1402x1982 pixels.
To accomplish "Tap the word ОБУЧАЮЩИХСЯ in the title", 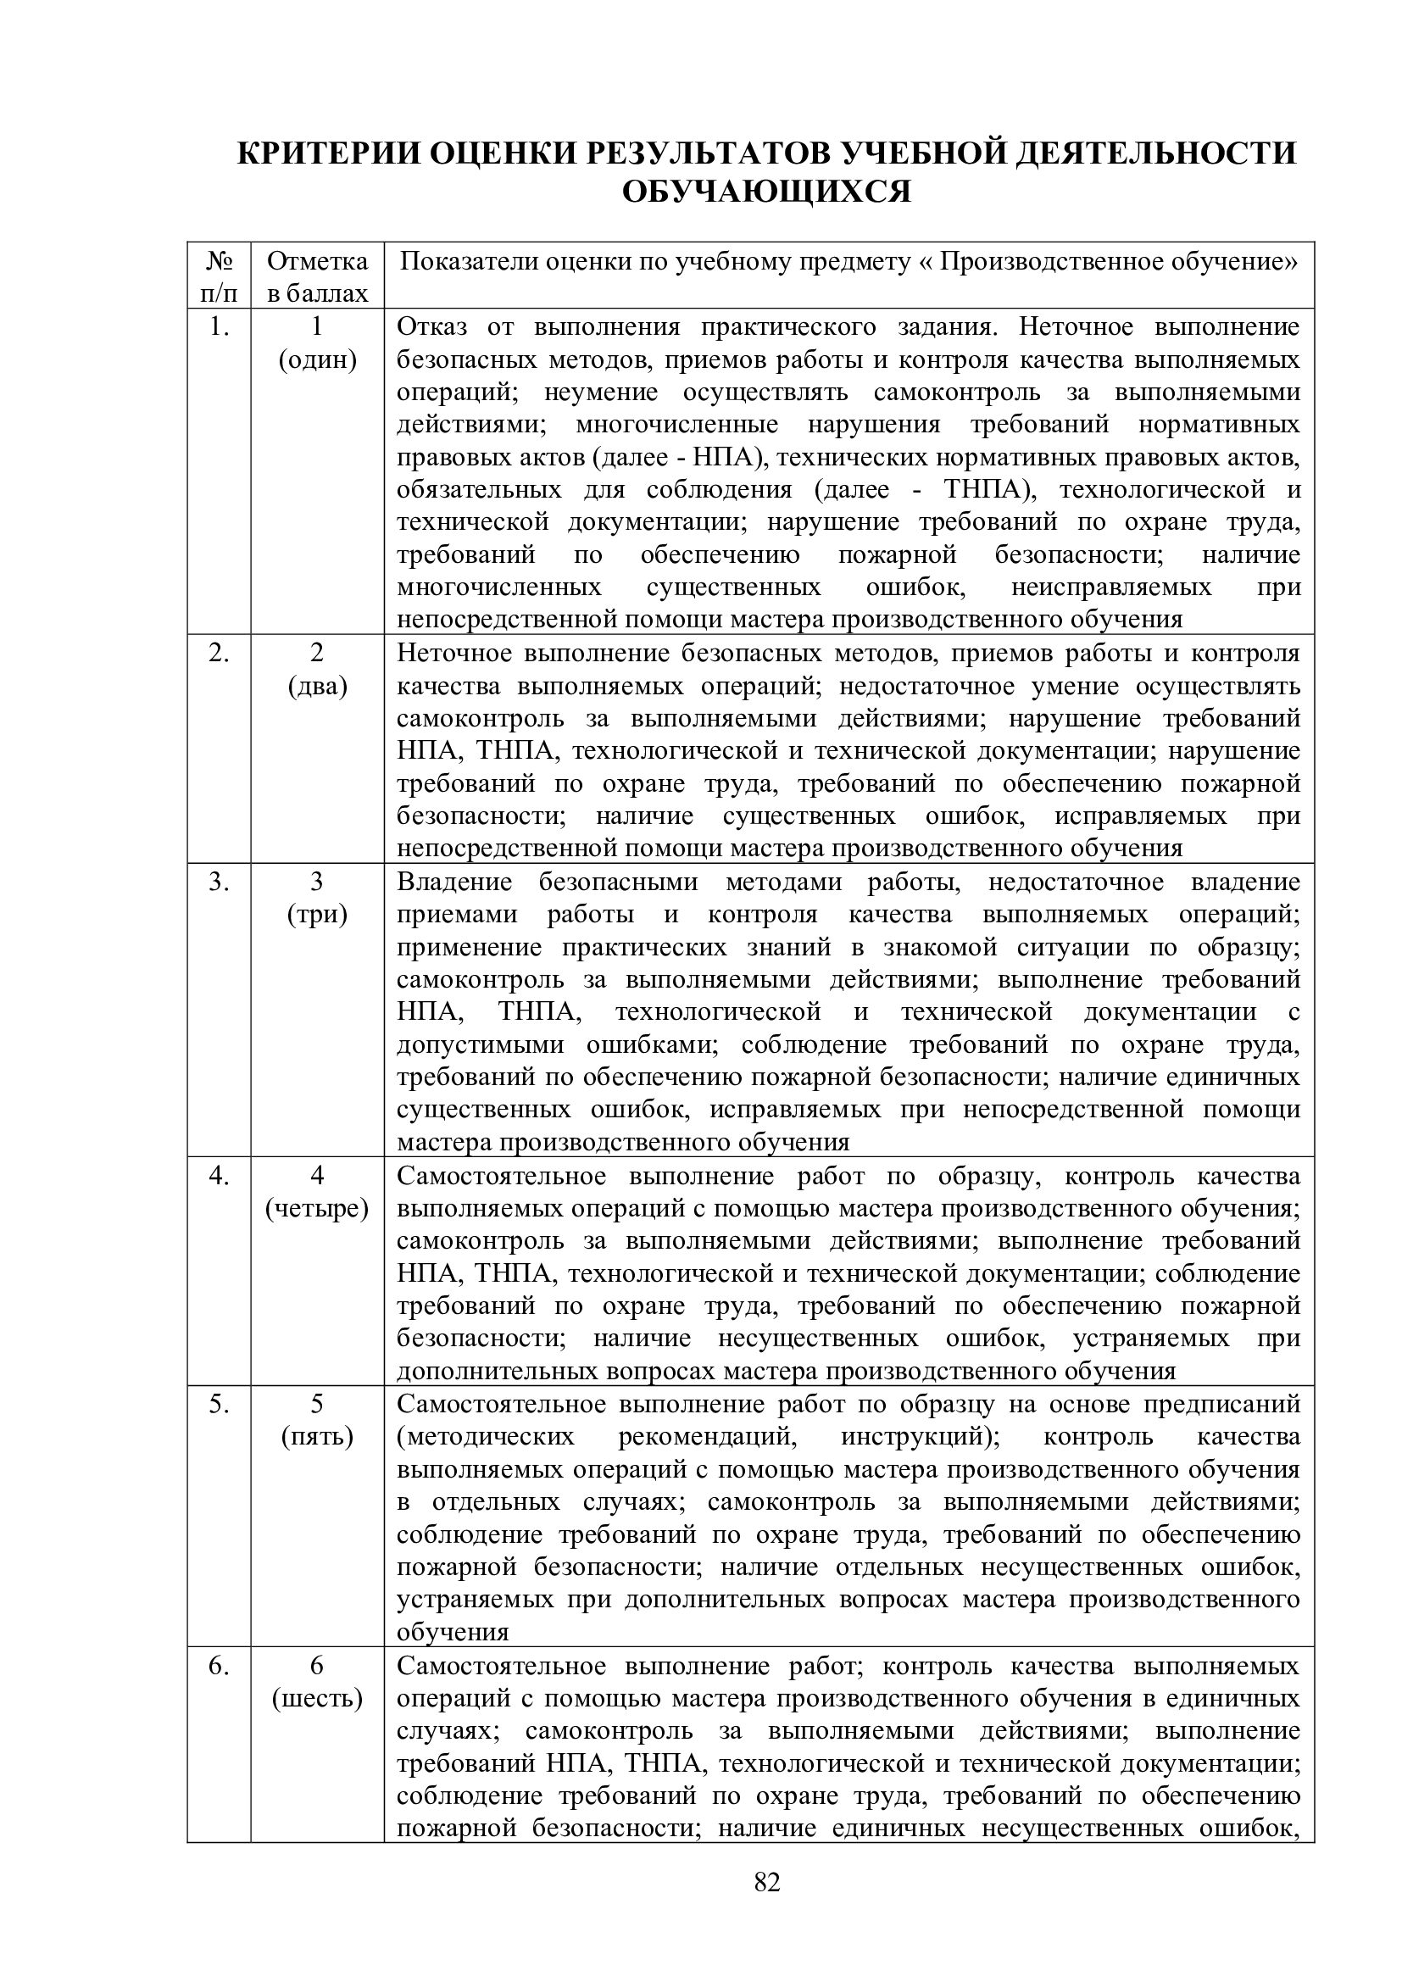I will (766, 192).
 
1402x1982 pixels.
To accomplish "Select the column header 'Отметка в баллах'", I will (317, 276).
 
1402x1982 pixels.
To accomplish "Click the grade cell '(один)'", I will (317, 360).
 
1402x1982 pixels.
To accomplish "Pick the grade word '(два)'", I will (317, 687).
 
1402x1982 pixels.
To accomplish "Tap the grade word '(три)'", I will (317, 914).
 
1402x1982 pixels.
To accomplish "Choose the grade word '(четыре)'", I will (317, 1209).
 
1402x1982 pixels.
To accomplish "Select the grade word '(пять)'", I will (317, 1437).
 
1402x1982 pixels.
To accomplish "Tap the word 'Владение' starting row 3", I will (454, 882).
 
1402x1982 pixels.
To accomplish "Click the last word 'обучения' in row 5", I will (453, 1633).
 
